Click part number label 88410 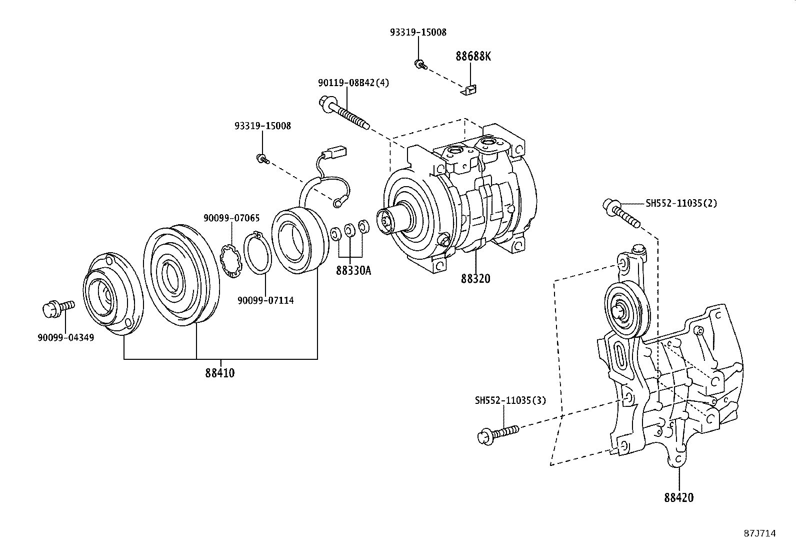point(219,373)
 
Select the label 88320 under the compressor point(475,279)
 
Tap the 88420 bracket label point(679,497)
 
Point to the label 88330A point(353,271)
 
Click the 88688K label point(473,56)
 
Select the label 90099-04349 point(65,338)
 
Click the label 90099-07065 point(231,218)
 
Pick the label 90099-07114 point(265,300)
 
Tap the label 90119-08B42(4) point(353,83)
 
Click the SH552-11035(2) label point(681,203)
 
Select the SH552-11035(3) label point(510,400)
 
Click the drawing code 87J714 point(759,533)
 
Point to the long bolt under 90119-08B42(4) point(344,114)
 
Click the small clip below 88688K point(468,90)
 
